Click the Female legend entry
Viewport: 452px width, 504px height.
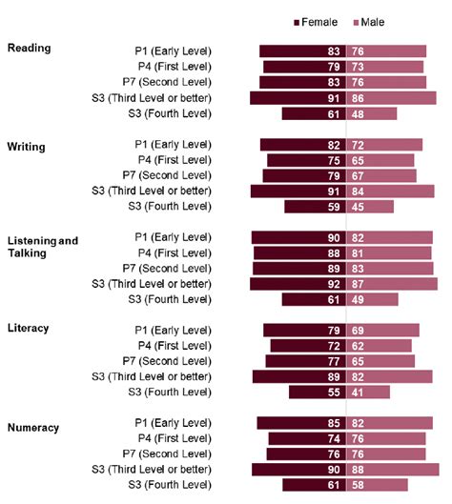pos(318,22)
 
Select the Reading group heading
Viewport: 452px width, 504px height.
pos(29,48)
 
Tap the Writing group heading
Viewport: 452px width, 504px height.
pos(27,147)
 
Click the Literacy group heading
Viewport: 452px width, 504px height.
pos(29,328)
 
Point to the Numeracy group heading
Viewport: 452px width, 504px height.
pos(32,428)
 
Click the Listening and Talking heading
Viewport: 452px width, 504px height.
pos(43,247)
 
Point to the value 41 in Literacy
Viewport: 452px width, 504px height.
pos(358,392)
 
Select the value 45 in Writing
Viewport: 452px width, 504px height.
pos(358,206)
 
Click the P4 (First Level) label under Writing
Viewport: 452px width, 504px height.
pos(175,160)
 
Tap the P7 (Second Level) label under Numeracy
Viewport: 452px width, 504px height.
pos(172,454)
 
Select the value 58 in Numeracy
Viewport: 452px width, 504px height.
pos(358,485)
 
